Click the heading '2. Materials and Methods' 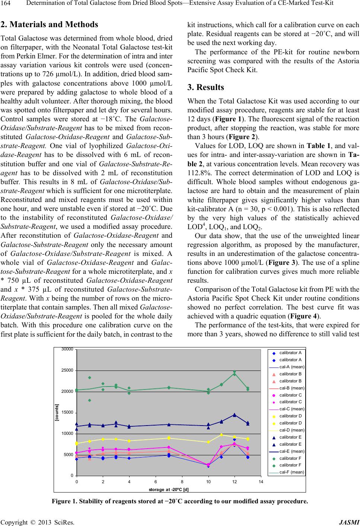[50, 25]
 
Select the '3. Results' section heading [206, 87]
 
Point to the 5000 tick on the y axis [69, 455]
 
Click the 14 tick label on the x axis [261, 482]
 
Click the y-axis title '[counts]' [57, 412]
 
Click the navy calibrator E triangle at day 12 [235, 415]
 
